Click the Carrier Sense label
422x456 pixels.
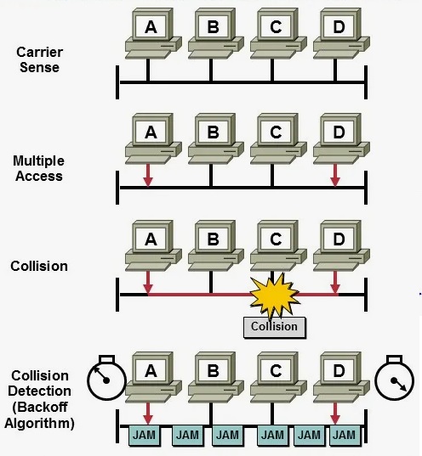(x=39, y=59)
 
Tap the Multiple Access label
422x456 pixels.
(x=39, y=168)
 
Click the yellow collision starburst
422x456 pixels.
(x=274, y=296)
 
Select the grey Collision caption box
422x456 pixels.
(x=275, y=327)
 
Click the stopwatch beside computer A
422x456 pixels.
(x=106, y=378)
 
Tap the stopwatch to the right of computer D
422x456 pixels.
(x=394, y=378)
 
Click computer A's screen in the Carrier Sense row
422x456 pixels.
(x=151, y=27)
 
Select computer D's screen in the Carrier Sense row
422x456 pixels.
(x=339, y=27)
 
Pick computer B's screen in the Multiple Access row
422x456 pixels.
(x=213, y=132)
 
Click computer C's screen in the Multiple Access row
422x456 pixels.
(x=276, y=132)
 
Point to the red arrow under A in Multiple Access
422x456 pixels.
(x=148, y=175)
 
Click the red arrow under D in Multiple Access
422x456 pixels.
(x=335, y=175)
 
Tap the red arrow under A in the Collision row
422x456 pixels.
(x=148, y=282)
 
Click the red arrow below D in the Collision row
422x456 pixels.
(x=335, y=282)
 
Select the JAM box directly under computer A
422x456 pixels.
(x=145, y=436)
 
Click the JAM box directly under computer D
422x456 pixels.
(x=345, y=436)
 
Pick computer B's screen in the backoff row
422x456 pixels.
(x=213, y=371)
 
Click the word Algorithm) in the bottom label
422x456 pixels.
(x=39, y=423)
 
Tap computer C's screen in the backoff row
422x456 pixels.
(x=276, y=371)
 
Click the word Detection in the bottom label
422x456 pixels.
(x=39, y=391)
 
